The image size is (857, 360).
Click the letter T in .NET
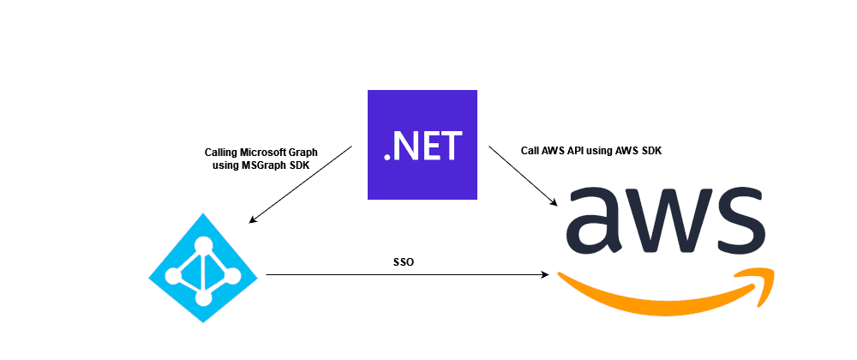click(x=449, y=147)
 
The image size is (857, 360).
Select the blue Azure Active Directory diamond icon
click(x=204, y=267)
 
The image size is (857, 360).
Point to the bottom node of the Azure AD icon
click(x=204, y=297)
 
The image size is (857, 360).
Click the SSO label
click(x=404, y=261)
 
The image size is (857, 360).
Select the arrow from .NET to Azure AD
click(x=300, y=184)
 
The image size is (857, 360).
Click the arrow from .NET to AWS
click(x=524, y=176)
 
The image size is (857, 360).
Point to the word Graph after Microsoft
click(x=304, y=153)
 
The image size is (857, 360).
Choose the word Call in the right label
click(x=530, y=150)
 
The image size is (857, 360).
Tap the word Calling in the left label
click(x=224, y=153)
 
